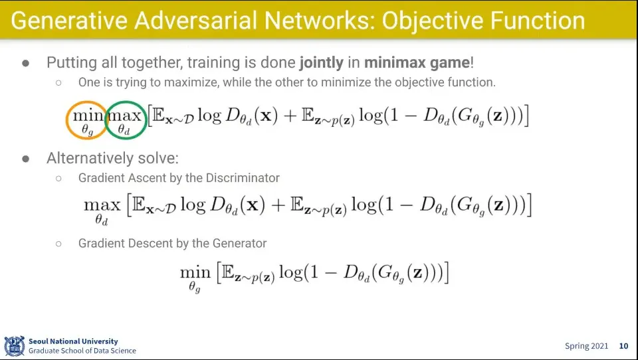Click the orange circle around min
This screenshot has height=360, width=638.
click(87, 120)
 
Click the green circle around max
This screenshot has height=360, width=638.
click(126, 120)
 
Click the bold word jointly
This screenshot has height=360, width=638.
click(321, 63)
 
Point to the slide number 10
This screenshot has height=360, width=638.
click(623, 346)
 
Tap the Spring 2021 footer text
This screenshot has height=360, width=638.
click(587, 346)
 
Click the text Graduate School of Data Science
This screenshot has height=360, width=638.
click(82, 351)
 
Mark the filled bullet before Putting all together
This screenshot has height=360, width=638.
click(26, 63)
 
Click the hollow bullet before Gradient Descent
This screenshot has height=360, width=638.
click(58, 244)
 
